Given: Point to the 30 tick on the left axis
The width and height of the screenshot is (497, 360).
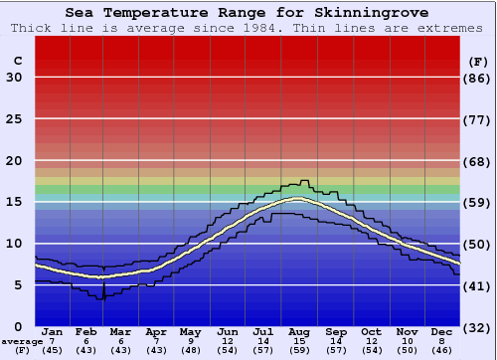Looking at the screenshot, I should point(14,78).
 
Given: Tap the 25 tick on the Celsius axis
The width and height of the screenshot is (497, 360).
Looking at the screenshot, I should point(14,119).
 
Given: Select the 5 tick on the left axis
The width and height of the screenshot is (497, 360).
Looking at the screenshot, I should point(18,285).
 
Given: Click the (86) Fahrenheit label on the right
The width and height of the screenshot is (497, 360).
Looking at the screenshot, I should point(478,78).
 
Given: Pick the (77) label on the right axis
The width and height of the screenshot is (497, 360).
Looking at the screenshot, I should point(478,119).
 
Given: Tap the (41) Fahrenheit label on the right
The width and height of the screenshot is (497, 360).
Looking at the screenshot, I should point(478,285).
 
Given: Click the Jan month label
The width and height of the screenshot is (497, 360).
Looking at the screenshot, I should point(53,331).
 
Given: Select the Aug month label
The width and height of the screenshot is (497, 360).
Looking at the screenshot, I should point(297,331).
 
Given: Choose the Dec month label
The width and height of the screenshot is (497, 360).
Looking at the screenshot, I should point(442,331).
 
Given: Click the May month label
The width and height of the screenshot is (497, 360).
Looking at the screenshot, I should point(189,331).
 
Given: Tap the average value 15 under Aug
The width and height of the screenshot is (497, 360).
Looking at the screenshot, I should point(297,341).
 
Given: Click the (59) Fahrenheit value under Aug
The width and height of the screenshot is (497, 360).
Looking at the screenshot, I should point(297,351).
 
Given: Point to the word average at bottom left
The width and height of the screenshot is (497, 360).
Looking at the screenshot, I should point(21,341).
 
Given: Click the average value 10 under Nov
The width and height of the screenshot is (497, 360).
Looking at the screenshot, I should point(407,341).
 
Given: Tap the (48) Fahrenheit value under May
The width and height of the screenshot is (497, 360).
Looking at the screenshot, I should point(189,351).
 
